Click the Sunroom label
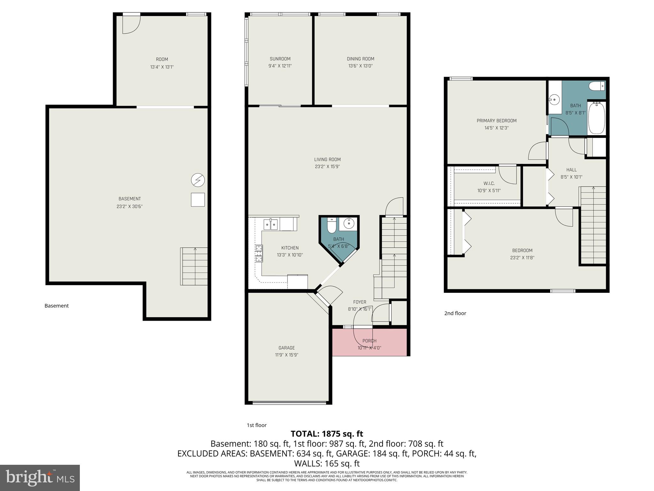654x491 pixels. pyautogui.click(x=280, y=59)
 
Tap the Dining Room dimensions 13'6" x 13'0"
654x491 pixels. pyautogui.click(x=360, y=66)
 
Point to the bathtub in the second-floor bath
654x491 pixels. pyautogui.click(x=597, y=118)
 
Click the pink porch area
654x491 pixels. pyautogui.click(x=369, y=342)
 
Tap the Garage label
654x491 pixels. pyautogui.click(x=286, y=348)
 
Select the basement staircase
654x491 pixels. pyautogui.click(x=194, y=266)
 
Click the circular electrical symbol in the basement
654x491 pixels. pyautogui.click(x=198, y=180)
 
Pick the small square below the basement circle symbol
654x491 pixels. pyautogui.click(x=198, y=200)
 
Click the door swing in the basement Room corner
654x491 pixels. pyautogui.click(x=131, y=24)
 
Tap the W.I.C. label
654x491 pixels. pyautogui.click(x=489, y=183)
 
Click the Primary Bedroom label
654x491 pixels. pyautogui.click(x=496, y=121)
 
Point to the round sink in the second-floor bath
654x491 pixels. pyautogui.click(x=555, y=100)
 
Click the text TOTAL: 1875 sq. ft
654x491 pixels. pyautogui.click(x=327, y=434)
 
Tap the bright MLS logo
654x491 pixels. pyautogui.click(x=40, y=478)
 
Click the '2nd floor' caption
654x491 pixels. pyautogui.click(x=455, y=313)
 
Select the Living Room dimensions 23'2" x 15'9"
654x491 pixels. pyautogui.click(x=327, y=167)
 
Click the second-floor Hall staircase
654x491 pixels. pyautogui.click(x=593, y=225)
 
